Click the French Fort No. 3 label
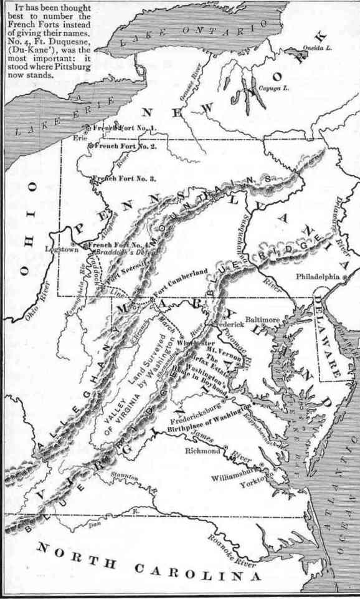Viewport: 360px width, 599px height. coord(125,179)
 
